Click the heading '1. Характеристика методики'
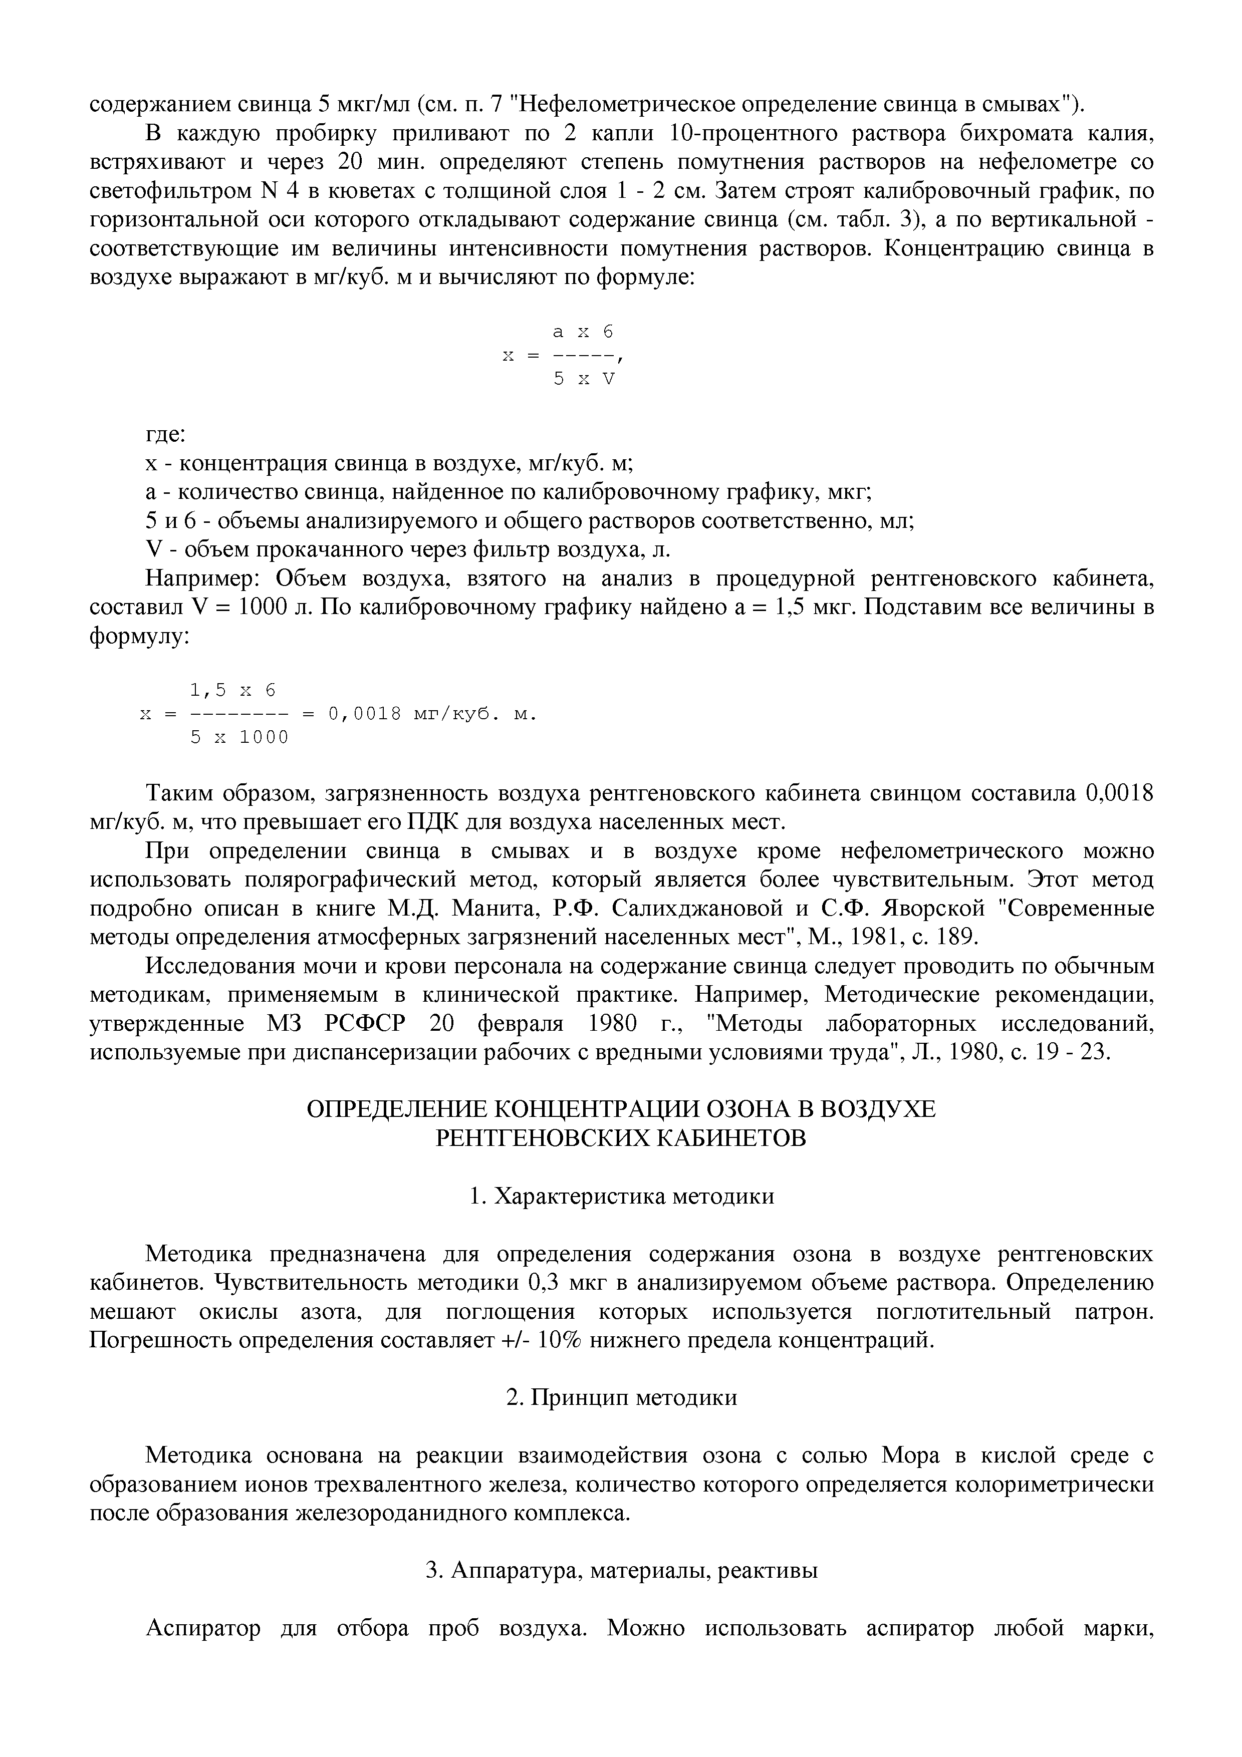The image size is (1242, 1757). click(621, 1196)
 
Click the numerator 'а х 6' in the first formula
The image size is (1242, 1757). click(583, 332)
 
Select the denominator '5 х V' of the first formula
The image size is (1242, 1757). click(584, 379)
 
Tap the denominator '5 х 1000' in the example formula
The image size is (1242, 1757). click(239, 738)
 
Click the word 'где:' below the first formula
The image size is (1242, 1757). click(165, 435)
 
